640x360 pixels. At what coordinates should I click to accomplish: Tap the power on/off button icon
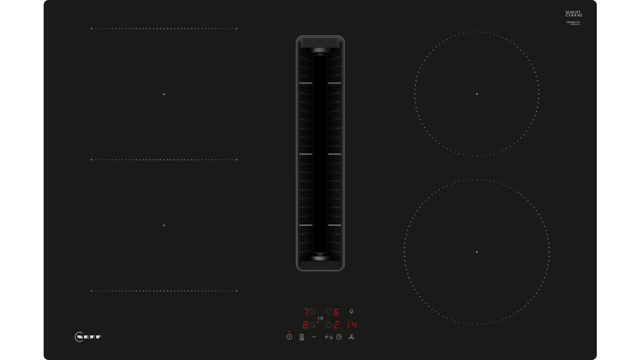[x=289, y=337]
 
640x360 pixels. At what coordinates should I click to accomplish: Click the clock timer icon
[x=339, y=337]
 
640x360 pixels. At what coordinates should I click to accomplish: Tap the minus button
[x=314, y=337]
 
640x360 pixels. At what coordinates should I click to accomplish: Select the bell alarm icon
[x=352, y=311]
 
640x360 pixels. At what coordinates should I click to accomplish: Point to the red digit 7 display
[x=306, y=312]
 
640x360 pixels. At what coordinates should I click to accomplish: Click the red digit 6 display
[x=336, y=312]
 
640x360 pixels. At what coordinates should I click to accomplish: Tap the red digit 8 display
[x=305, y=325]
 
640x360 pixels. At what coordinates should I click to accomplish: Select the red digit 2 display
[x=336, y=325]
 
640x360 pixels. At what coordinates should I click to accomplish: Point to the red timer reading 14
[x=352, y=325]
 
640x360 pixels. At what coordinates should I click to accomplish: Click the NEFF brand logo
[x=88, y=337]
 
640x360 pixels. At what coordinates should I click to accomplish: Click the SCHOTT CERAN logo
[x=574, y=14]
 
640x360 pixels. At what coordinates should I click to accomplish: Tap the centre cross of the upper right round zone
[x=476, y=94]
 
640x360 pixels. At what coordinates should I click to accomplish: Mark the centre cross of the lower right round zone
[x=476, y=252]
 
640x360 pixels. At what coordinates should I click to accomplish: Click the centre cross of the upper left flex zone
[x=164, y=94]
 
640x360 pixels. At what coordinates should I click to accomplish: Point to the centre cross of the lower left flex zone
[x=164, y=225]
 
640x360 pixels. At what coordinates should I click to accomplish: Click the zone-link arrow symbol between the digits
[x=320, y=318]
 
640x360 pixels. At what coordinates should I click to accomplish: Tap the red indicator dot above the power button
[x=289, y=332]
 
